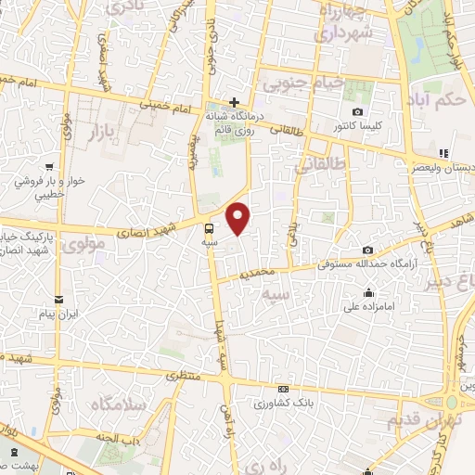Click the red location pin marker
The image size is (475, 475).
pyautogui.click(x=238, y=218)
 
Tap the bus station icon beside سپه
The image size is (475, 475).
pyautogui.click(x=210, y=226)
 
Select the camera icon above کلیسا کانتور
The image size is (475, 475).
pyautogui.click(x=357, y=111)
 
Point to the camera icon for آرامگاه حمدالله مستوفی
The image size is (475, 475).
pyautogui.click(x=368, y=250)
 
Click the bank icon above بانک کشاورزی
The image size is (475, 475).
pyautogui.click(x=283, y=390)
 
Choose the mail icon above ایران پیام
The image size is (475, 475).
pyautogui.click(x=59, y=299)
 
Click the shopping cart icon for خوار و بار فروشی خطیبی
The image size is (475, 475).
pyautogui.click(x=44, y=158)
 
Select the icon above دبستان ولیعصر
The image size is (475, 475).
pyautogui.click(x=443, y=153)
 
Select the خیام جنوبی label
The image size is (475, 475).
pyautogui.click(x=304, y=84)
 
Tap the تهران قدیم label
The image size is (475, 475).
pyautogui.click(x=417, y=420)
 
